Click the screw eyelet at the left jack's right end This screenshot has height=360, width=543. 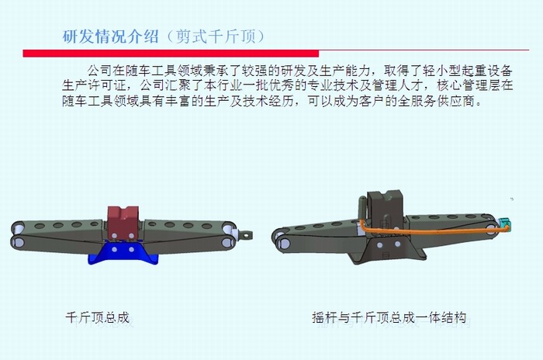point(247,231)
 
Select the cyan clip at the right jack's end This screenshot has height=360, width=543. point(504,224)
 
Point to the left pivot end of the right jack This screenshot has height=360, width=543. point(280,234)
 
